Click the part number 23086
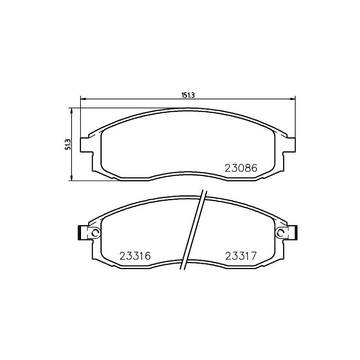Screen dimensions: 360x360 coord(240,169)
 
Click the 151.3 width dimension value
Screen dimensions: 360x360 coord(187,95)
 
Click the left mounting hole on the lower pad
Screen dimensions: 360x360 coord(94,233)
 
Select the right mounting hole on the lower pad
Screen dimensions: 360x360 coord(280,233)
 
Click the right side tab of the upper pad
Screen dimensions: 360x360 coord(291,144)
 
